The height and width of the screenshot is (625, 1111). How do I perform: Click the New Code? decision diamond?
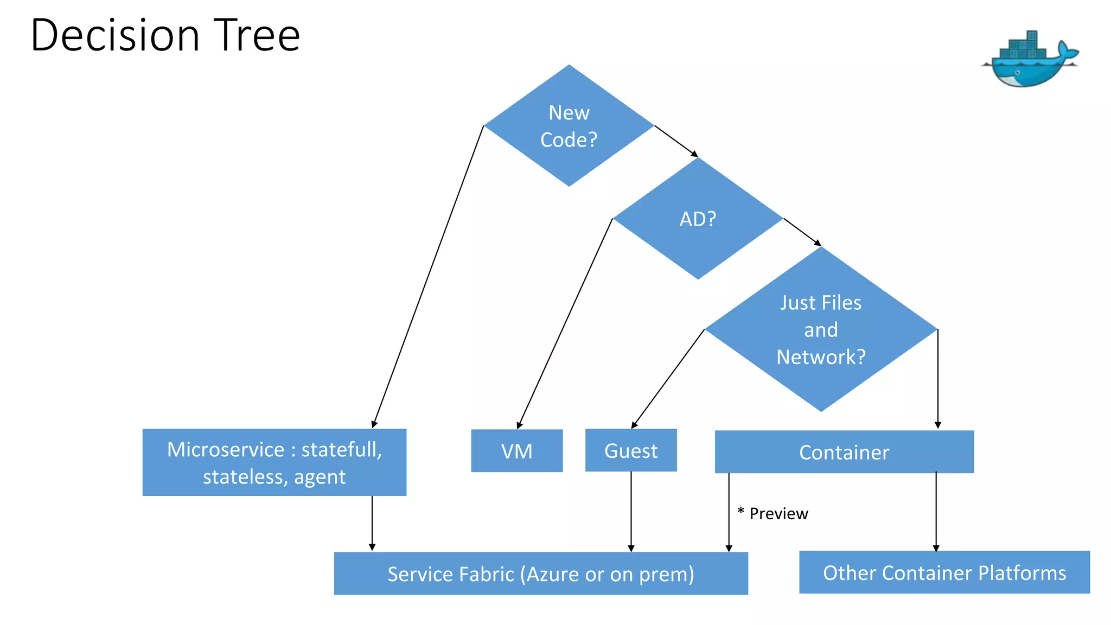click(569, 126)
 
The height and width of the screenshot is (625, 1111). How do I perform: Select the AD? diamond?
click(698, 219)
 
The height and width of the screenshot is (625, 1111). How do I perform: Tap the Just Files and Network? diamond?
click(821, 329)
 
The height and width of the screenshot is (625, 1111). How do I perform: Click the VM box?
click(516, 451)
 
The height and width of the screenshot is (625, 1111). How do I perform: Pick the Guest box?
click(631, 450)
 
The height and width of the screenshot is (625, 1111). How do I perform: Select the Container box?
click(844, 452)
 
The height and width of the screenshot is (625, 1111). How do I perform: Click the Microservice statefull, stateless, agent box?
click(274, 462)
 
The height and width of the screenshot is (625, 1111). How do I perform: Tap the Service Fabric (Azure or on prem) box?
click(541, 573)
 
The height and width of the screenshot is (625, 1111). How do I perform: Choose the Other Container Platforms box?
click(944, 572)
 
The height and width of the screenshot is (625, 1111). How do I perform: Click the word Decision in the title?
click(115, 35)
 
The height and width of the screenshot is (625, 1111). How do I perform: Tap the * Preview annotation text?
click(773, 513)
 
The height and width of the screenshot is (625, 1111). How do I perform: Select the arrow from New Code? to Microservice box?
click(428, 277)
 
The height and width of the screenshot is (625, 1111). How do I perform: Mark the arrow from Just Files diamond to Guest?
click(668, 379)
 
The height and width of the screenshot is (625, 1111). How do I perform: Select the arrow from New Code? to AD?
click(676, 141)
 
